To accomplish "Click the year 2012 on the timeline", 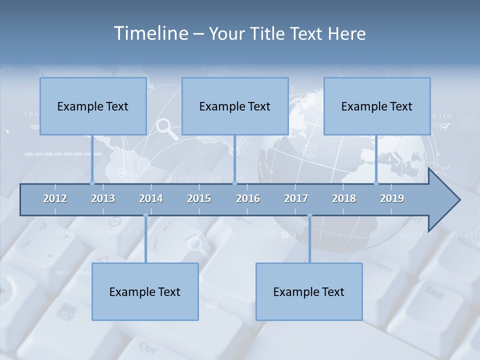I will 55,198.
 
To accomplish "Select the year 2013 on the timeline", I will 103,198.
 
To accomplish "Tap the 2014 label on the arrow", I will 151,198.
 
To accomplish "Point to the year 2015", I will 199,198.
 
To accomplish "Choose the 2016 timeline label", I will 248,198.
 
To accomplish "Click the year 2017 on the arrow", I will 296,198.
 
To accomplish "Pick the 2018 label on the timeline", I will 344,198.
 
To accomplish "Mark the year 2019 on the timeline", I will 392,198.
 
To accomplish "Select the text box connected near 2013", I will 93,106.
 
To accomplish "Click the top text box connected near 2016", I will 235,106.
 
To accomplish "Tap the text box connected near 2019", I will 377,106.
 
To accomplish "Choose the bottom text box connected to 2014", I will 145,291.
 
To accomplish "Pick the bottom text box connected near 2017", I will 309,291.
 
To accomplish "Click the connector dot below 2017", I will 309,215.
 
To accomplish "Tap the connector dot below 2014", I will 145,215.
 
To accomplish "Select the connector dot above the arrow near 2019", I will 376,183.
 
